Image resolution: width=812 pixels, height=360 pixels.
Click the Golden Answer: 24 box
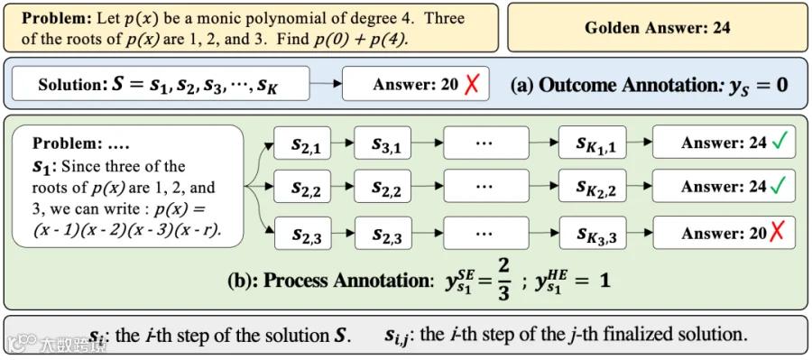[657, 27]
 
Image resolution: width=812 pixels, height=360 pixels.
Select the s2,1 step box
[302, 143]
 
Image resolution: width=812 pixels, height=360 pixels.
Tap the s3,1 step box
[383, 143]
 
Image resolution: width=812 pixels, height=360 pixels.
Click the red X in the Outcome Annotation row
[470, 83]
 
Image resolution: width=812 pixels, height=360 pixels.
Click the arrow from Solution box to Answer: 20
[326, 83]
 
